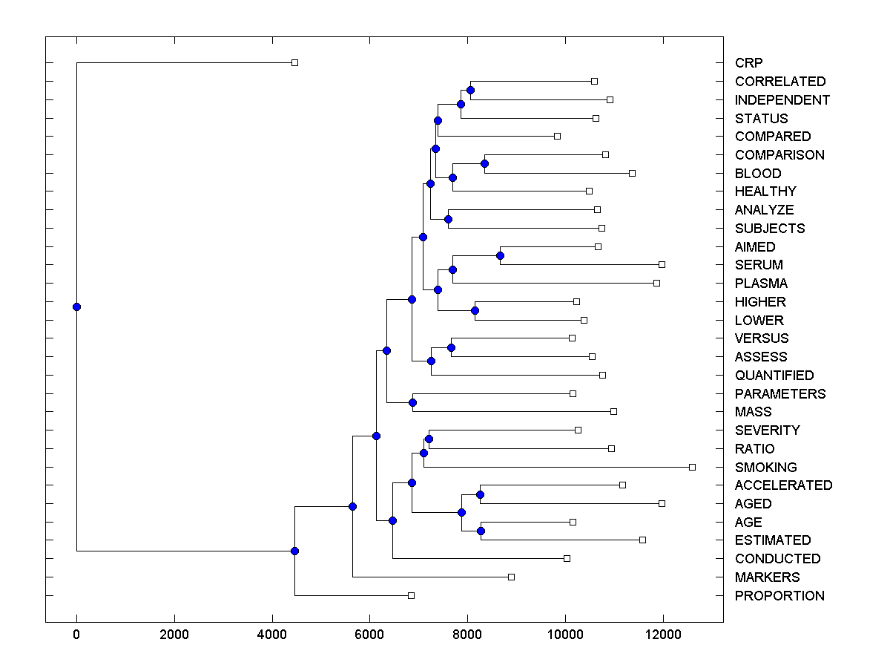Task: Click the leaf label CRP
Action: [x=748, y=63]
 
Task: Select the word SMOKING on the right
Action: [x=765, y=467]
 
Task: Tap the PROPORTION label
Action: [x=779, y=595]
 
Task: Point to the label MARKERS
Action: [x=767, y=577]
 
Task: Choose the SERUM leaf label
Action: [x=759, y=265]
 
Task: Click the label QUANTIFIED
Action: [x=774, y=375]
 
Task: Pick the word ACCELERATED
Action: [x=783, y=485]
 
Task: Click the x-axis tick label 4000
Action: [x=272, y=634]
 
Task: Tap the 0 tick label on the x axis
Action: [x=76, y=634]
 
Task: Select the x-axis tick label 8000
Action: [x=467, y=634]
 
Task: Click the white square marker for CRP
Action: [x=294, y=62]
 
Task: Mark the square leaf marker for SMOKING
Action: [x=692, y=467]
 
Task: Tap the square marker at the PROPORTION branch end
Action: [x=411, y=595]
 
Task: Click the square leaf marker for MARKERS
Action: [x=511, y=577]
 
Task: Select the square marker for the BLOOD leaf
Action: [x=632, y=173]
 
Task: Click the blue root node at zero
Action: [x=76, y=307]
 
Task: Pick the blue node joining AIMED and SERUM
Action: [x=500, y=255]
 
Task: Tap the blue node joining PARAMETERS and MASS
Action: [x=413, y=402]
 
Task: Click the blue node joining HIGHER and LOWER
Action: [x=475, y=310]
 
